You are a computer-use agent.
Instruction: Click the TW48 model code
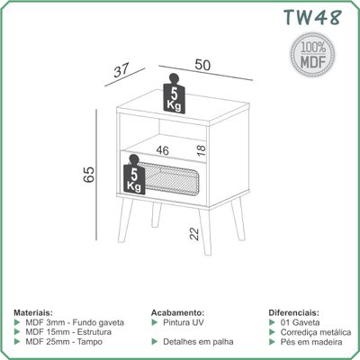(x=312, y=17)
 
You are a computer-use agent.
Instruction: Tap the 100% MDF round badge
(x=312, y=55)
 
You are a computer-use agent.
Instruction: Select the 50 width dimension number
(x=202, y=65)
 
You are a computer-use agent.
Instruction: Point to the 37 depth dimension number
(x=121, y=71)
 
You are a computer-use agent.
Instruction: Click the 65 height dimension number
(x=89, y=175)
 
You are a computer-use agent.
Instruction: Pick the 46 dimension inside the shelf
(x=162, y=150)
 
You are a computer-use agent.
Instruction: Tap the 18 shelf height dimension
(x=202, y=150)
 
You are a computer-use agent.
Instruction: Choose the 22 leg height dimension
(x=194, y=234)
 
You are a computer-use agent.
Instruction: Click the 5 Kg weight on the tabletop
(x=174, y=94)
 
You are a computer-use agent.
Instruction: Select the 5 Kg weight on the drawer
(x=134, y=175)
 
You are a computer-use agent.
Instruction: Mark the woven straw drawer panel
(x=169, y=179)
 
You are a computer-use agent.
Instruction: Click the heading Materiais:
(x=33, y=312)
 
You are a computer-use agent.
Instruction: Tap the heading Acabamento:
(x=177, y=312)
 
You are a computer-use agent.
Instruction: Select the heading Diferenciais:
(x=293, y=312)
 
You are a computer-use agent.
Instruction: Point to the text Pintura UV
(x=184, y=322)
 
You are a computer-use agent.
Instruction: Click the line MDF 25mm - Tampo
(x=64, y=342)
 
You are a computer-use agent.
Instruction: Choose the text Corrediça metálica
(x=316, y=332)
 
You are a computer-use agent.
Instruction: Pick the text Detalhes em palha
(x=198, y=342)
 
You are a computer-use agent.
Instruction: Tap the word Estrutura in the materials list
(x=94, y=332)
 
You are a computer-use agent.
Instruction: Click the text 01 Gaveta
(x=300, y=322)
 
